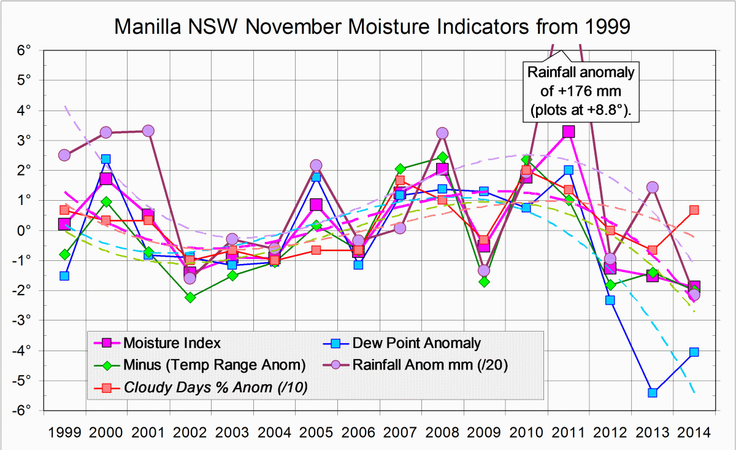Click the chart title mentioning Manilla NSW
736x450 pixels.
(x=373, y=26)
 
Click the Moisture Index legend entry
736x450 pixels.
(x=172, y=342)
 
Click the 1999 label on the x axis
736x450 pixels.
(x=64, y=432)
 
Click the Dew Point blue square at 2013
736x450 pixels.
(x=653, y=392)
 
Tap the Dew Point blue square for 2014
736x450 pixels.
(x=694, y=352)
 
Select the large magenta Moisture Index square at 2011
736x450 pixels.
(x=569, y=131)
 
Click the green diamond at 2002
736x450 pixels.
(x=190, y=297)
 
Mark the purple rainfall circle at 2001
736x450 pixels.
(x=148, y=131)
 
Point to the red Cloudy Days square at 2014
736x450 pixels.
(x=694, y=210)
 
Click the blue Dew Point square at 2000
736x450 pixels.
(x=106, y=159)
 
